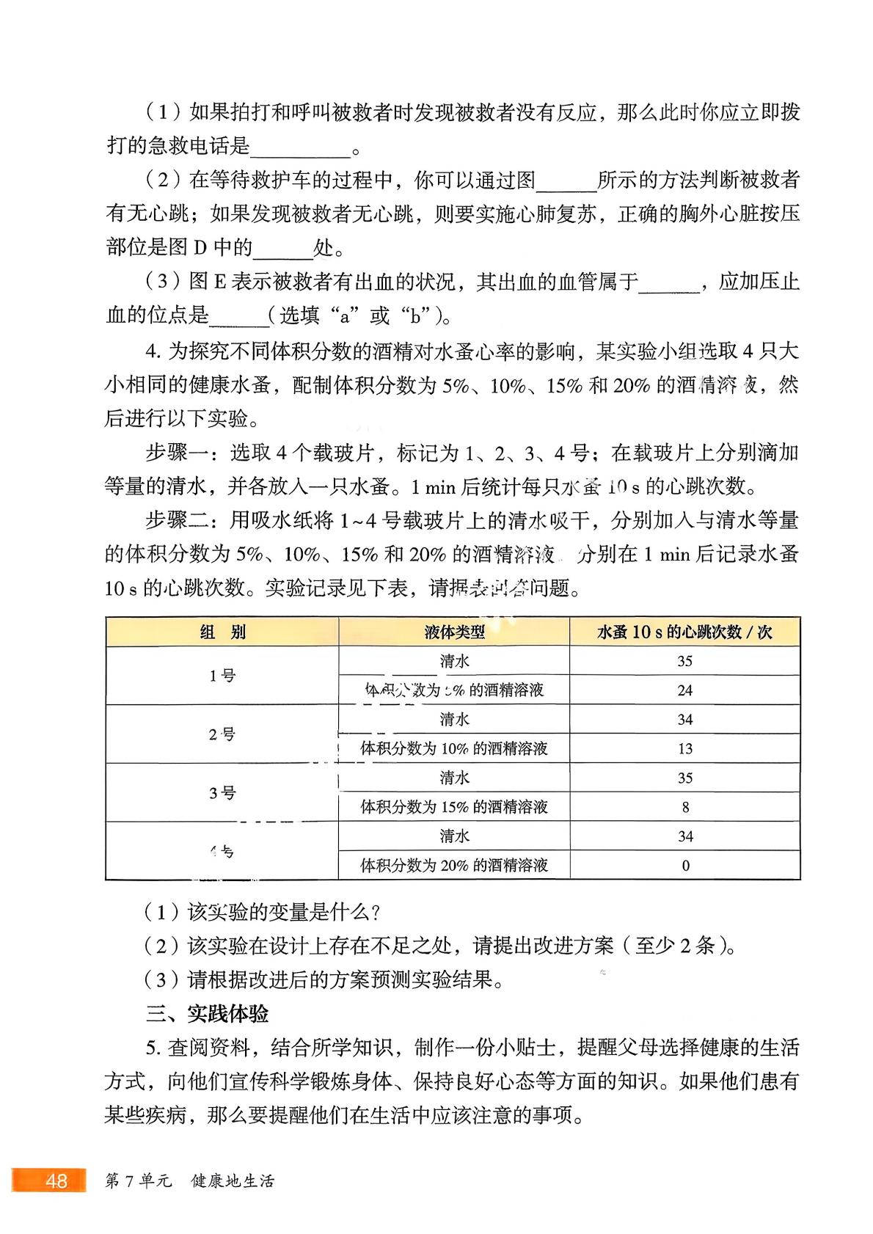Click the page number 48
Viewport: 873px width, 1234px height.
pyautogui.click(x=56, y=1181)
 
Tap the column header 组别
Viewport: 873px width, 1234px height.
pyautogui.click(x=222, y=632)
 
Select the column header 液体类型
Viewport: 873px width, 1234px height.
pyautogui.click(x=454, y=632)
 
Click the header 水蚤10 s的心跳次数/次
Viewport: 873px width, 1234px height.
pyautogui.click(x=684, y=632)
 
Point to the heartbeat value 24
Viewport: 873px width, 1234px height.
pyautogui.click(x=684, y=690)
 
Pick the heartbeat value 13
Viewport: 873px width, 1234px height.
pyautogui.click(x=684, y=749)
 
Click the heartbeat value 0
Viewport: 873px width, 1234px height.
pyautogui.click(x=685, y=866)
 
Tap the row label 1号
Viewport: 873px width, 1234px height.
pyautogui.click(x=222, y=676)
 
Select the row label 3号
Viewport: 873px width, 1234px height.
pyautogui.click(x=222, y=793)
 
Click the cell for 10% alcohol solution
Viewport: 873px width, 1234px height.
pyautogui.click(x=454, y=749)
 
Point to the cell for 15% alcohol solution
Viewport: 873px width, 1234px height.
pyautogui.click(x=454, y=807)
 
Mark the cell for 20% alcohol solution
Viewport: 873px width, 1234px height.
pyautogui.click(x=454, y=866)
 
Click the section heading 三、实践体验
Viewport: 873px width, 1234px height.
pyautogui.click(x=207, y=1014)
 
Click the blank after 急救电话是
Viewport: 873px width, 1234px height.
pyautogui.click(x=300, y=147)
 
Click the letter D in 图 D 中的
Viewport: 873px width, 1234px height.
pyautogui.click(x=200, y=248)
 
